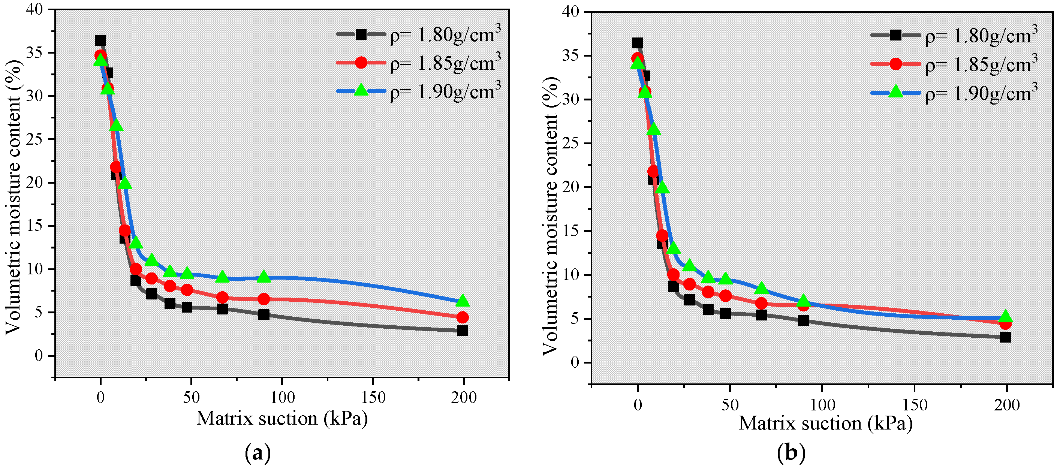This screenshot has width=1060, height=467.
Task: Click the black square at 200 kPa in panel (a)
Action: coord(462,331)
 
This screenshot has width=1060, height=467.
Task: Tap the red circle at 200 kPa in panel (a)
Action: coord(462,317)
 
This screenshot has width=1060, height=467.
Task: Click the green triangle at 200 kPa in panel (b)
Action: coord(1005,316)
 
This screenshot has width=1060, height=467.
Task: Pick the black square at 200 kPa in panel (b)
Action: coord(1005,337)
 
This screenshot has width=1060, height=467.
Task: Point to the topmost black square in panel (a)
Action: coord(100,40)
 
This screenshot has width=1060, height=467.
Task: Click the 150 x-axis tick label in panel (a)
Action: coord(373,397)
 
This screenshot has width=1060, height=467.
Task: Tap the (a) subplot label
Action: coord(258,454)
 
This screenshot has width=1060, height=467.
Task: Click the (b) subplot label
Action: coord(791,454)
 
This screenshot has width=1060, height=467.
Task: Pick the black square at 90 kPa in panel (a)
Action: coord(264,314)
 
